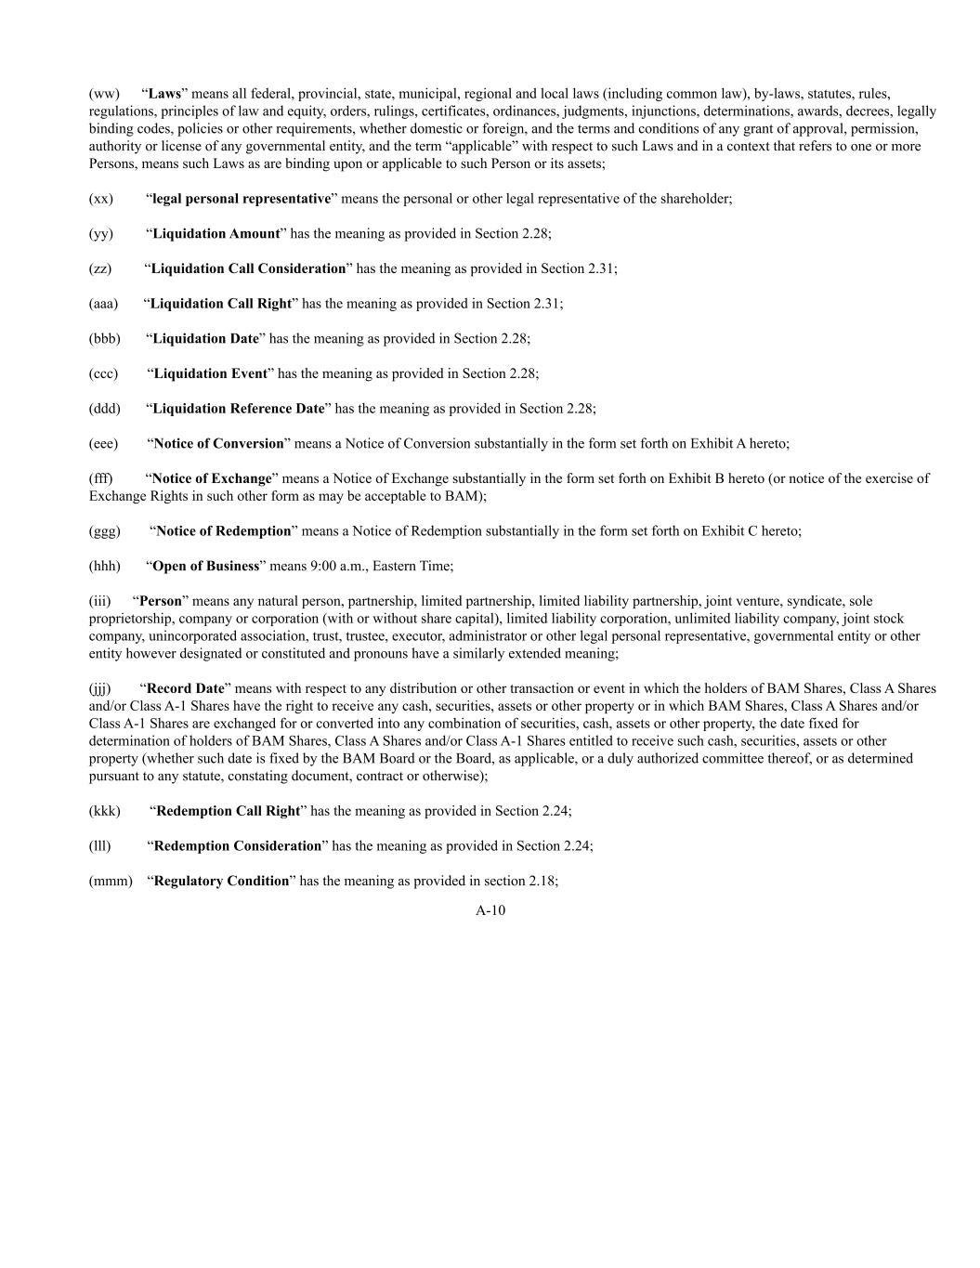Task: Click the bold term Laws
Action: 164,94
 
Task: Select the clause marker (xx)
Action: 101,199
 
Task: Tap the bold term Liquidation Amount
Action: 216,234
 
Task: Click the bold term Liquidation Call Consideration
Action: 248,268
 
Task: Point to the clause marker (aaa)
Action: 103,304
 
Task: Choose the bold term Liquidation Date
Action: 205,339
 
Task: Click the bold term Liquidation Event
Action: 210,373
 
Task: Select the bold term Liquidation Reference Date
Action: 239,409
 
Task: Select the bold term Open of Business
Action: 205,567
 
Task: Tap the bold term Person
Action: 161,601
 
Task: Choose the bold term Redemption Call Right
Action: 228,811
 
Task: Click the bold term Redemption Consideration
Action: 237,846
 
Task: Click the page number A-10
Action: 490,911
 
